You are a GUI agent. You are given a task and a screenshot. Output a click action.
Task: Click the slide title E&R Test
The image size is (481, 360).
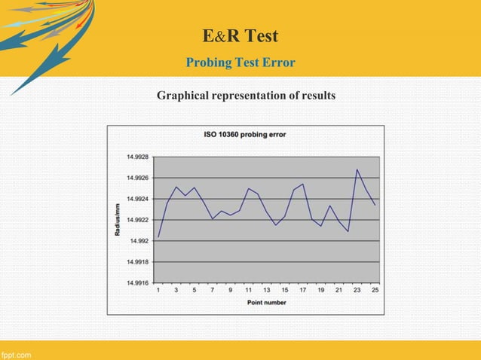[240, 35]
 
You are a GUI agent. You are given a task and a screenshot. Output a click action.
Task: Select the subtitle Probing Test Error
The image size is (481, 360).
[240, 62]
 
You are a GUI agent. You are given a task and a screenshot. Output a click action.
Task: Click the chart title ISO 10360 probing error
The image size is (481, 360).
[245, 135]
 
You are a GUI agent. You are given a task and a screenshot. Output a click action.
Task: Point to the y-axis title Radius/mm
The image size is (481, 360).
[117, 220]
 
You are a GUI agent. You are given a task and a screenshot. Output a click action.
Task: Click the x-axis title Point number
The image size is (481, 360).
[266, 302]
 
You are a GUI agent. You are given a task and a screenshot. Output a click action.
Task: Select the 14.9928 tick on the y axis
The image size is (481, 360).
[136, 157]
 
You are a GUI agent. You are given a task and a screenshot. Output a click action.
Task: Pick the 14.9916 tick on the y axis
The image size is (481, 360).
[136, 283]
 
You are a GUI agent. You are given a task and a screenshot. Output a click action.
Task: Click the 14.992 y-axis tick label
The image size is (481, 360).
[139, 241]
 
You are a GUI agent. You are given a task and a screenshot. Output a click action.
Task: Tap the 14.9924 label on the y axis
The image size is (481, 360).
[136, 199]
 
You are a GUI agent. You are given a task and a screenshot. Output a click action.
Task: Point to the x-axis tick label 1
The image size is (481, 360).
[158, 290]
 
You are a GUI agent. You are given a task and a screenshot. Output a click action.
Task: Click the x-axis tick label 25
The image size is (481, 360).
[375, 290]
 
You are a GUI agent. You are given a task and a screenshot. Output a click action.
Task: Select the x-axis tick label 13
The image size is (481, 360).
[267, 290]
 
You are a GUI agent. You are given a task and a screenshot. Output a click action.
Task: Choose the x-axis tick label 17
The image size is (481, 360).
[302, 290]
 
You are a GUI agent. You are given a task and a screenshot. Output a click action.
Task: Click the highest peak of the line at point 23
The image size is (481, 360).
[357, 169]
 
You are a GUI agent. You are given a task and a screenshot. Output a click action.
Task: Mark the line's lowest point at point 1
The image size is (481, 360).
[158, 237]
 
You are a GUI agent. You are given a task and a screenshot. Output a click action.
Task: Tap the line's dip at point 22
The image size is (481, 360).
[348, 231]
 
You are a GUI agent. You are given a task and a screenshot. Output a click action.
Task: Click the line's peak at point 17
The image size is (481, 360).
[302, 184]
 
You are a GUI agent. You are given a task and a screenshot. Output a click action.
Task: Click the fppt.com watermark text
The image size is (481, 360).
[16, 354]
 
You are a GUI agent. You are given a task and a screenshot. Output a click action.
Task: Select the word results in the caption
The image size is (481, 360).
[316, 96]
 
